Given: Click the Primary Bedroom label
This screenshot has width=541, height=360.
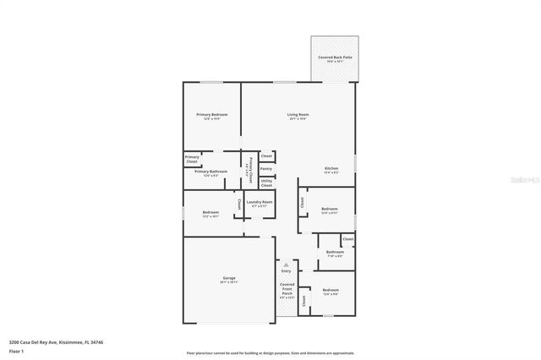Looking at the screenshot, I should [x=211, y=114].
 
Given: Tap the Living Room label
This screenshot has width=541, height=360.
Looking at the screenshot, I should [x=298, y=114].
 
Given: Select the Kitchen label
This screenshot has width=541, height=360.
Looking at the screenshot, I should [x=331, y=168].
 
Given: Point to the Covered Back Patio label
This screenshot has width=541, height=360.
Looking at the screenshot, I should [x=335, y=57].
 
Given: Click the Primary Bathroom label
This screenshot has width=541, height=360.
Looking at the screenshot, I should [x=211, y=172].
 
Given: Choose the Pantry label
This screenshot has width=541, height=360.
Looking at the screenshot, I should [x=265, y=168].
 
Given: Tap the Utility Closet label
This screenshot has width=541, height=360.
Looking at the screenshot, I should [x=265, y=182].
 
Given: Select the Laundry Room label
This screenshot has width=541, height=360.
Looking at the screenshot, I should [x=260, y=202].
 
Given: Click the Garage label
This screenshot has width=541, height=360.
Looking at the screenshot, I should [x=229, y=279].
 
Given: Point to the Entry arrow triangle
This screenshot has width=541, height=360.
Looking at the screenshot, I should [x=286, y=265].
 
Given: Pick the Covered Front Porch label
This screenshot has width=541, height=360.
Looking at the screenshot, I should [x=287, y=290].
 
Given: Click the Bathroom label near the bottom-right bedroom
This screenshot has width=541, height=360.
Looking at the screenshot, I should [x=334, y=251].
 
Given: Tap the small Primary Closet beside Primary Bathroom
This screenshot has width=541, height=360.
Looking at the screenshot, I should [x=192, y=158].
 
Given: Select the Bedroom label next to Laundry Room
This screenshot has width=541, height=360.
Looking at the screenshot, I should [x=210, y=212].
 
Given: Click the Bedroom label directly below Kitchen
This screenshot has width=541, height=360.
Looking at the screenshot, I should [x=329, y=209].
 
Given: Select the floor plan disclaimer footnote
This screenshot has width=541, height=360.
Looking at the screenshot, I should [x=270, y=353].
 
